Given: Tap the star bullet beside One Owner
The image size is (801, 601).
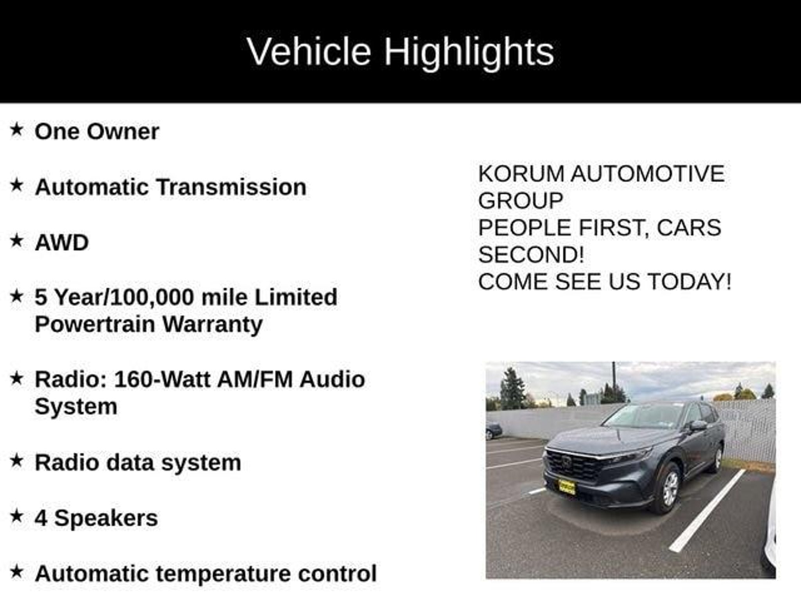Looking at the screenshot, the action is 16,130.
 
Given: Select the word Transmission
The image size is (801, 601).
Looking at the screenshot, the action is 232,187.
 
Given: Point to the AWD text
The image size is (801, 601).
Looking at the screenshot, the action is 62,242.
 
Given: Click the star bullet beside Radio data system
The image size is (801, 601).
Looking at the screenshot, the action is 16,461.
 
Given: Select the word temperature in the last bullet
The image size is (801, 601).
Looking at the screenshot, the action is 223,574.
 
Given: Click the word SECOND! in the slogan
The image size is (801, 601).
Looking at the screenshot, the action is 531,254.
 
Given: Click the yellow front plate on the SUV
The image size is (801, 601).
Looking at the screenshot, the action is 567,487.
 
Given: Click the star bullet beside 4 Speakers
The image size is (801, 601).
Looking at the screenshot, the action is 16,516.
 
